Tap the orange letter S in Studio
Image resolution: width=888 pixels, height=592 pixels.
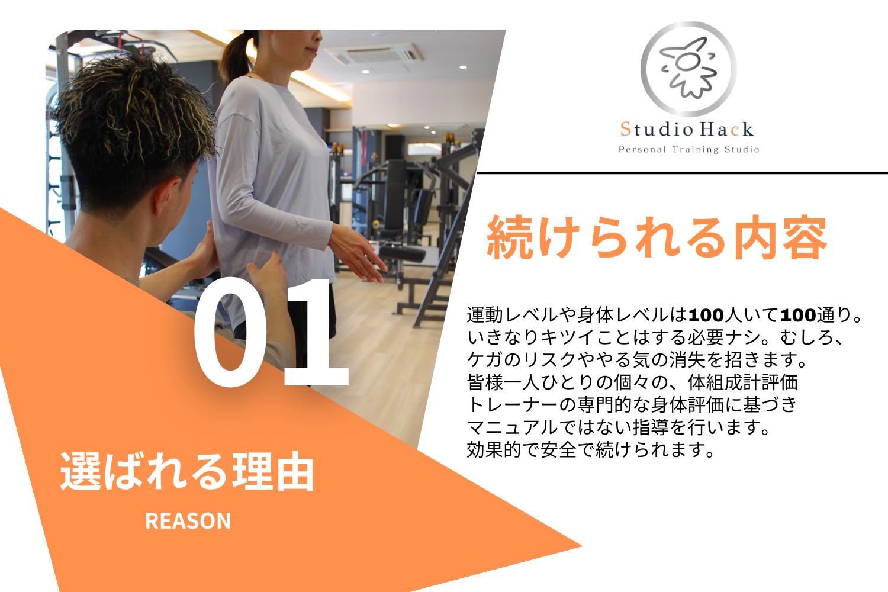626,129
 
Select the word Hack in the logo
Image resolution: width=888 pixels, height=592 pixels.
726,129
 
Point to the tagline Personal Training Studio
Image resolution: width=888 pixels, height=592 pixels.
689,150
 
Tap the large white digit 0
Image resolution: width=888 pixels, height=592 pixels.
231,332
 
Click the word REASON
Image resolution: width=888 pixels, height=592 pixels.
188,520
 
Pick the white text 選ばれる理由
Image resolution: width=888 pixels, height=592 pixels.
187,471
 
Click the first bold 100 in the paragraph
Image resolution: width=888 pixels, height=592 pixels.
706,315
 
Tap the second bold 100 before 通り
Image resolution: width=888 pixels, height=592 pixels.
798,315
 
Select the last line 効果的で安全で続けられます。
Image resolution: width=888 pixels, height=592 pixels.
591,450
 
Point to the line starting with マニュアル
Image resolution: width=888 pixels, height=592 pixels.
619,427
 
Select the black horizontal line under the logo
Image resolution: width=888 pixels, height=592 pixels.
682,173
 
